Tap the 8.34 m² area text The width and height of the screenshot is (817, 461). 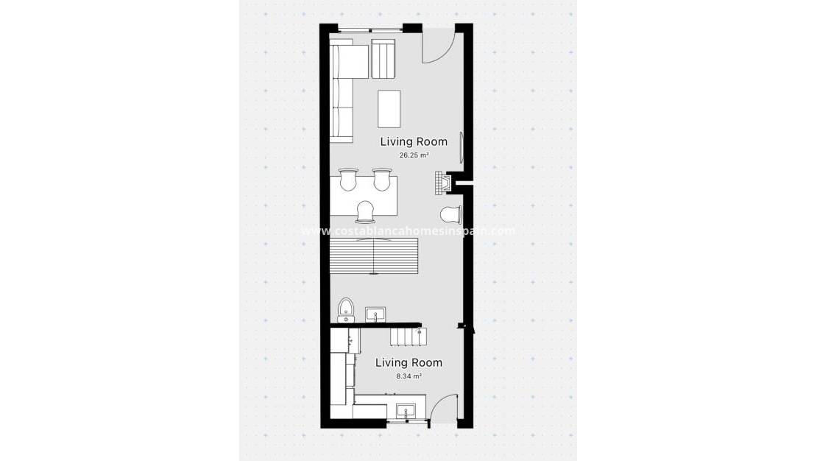pyautogui.click(x=408, y=376)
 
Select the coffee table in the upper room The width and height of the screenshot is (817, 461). pyautogui.click(x=389, y=108)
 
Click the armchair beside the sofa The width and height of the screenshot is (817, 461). pyautogui.click(x=383, y=59)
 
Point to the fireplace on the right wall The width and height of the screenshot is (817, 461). pyautogui.click(x=442, y=183)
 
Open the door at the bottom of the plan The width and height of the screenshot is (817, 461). pyautogui.click(x=442, y=409)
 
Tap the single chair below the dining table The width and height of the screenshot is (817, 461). pyautogui.click(x=366, y=212)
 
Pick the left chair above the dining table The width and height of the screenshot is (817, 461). pyautogui.click(x=348, y=180)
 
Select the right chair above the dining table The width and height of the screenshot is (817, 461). pyautogui.click(x=381, y=180)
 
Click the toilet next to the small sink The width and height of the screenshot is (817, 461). pyautogui.click(x=346, y=310)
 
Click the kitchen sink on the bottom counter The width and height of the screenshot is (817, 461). pyautogui.click(x=406, y=410)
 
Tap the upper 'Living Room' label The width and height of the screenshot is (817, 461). pyautogui.click(x=414, y=141)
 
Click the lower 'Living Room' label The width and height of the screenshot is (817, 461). pyautogui.click(x=408, y=362)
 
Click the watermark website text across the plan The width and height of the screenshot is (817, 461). pyautogui.click(x=408, y=230)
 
